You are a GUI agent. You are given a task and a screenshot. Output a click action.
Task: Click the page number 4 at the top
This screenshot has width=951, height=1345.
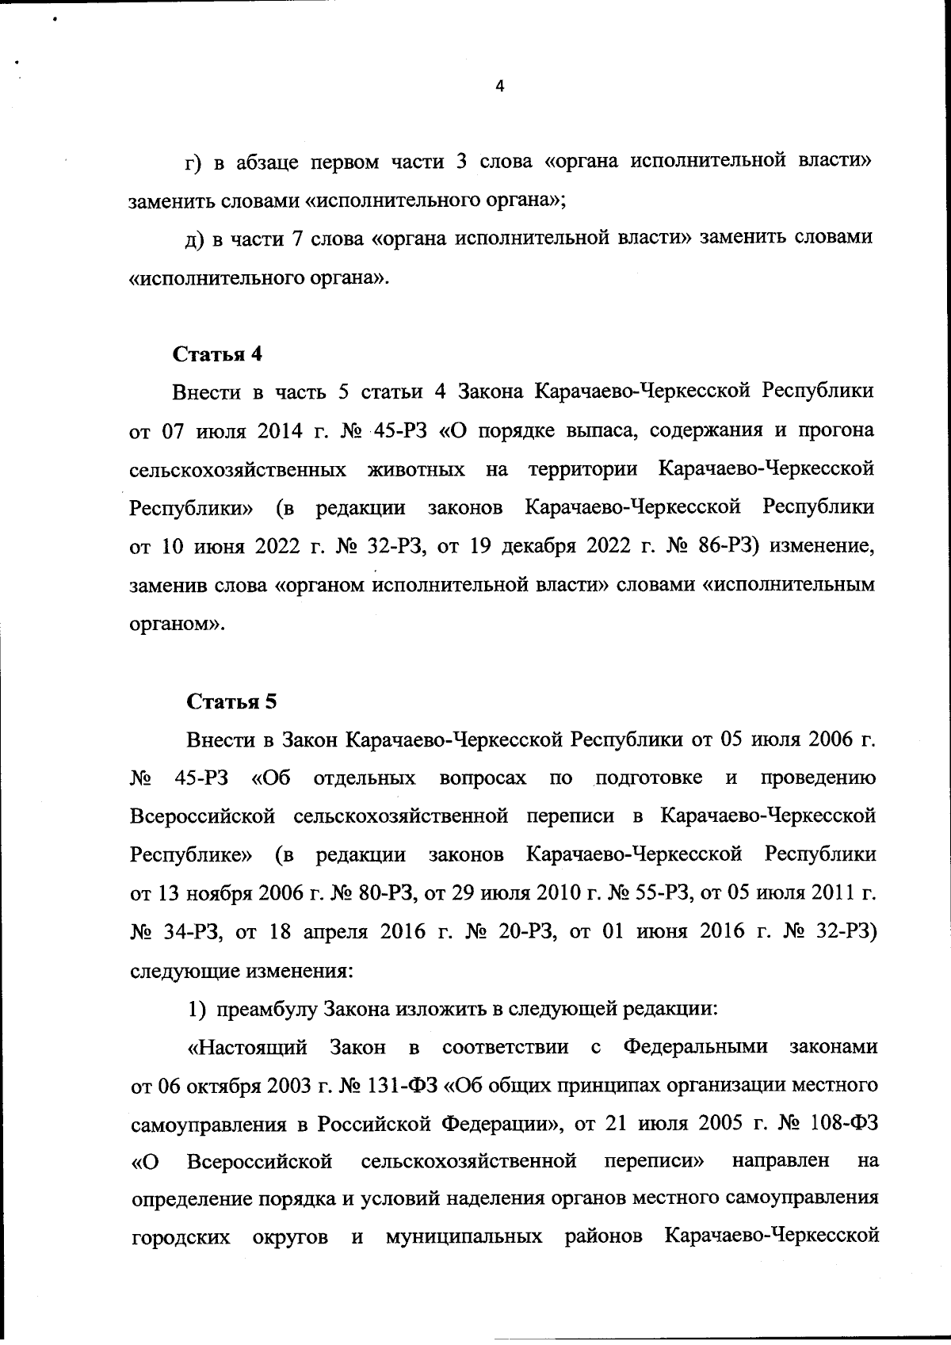[x=498, y=87]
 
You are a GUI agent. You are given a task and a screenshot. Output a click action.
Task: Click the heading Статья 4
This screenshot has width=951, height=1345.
[x=217, y=353]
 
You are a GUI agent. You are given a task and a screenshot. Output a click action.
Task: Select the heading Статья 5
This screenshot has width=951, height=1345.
[x=232, y=701]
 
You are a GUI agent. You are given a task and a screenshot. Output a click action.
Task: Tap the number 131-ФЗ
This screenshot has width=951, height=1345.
[x=404, y=1085]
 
